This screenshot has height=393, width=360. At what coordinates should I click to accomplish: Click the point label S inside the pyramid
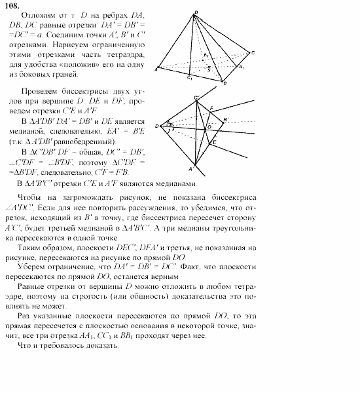click(x=209, y=68)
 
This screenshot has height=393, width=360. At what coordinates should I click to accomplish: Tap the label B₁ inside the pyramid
click(x=205, y=56)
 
